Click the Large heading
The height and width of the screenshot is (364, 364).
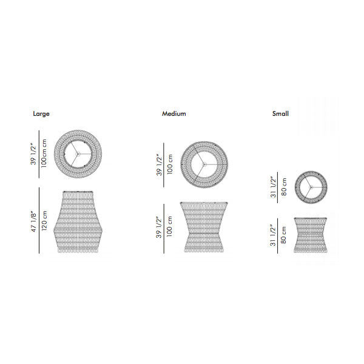pos(41,114)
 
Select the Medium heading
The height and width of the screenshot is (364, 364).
pos(174,113)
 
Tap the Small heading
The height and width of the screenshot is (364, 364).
pos(280,113)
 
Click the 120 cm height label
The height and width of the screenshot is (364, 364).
pos(44,221)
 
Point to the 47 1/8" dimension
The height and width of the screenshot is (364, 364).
pos(33,221)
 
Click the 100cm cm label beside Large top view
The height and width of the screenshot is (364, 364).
pos(44,153)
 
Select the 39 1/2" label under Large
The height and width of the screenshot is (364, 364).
pos(33,153)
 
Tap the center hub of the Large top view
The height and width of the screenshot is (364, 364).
pos(78,153)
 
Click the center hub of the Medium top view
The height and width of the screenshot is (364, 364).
pos(204,164)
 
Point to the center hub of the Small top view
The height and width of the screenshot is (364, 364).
pos(311,187)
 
